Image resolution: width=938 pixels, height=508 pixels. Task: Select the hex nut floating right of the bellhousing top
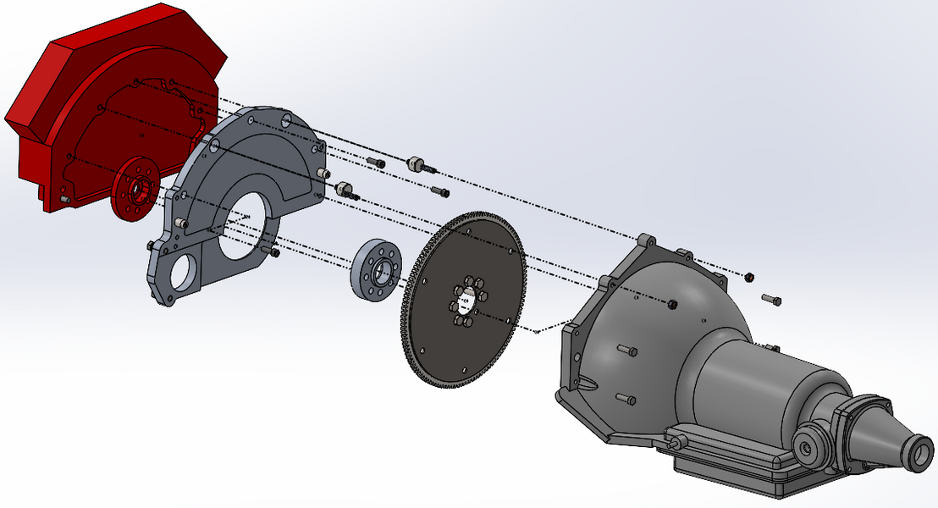point(749,276)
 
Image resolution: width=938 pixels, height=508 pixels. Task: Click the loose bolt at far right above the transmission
point(771,300)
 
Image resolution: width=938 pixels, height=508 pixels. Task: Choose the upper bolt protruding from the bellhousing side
point(626,350)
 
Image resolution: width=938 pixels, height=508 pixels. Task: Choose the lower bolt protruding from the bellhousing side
point(626,399)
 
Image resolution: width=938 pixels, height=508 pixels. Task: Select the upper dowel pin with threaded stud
point(416,163)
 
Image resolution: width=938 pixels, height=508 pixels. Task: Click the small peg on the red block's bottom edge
point(63,199)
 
